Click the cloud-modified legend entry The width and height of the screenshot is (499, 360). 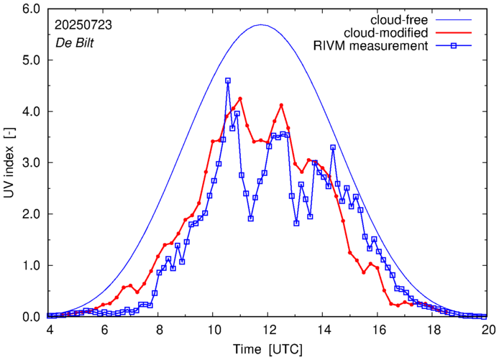tap(387, 33)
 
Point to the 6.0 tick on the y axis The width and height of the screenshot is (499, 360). tap(32, 9)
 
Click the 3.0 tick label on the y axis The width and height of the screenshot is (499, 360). tap(32, 163)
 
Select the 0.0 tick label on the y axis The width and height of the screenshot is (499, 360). tap(32, 317)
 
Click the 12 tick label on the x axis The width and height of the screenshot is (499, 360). tap(267, 329)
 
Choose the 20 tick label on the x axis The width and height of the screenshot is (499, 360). tap(488, 329)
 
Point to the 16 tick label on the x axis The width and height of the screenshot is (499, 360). tap(378, 329)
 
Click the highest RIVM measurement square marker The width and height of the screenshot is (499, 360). tap(228, 81)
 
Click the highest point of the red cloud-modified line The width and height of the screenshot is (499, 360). tap(240, 98)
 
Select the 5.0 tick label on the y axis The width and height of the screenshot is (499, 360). tap(32, 60)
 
